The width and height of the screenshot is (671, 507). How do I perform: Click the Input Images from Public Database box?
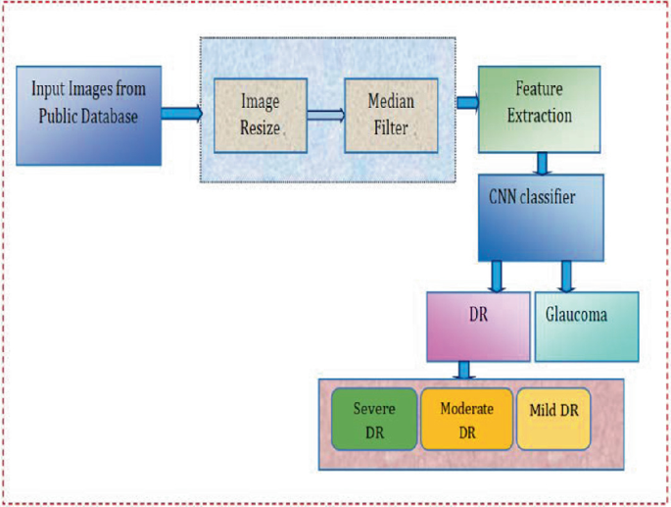(x=88, y=114)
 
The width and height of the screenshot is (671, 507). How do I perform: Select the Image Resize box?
(x=261, y=115)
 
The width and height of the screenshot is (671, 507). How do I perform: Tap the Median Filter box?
(x=391, y=115)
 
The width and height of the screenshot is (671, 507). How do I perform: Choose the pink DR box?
(x=478, y=326)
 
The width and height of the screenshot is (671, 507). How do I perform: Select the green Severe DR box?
(x=373, y=419)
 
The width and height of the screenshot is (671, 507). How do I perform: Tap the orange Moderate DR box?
(x=465, y=419)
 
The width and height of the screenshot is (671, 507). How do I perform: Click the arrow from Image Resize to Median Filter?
(x=325, y=115)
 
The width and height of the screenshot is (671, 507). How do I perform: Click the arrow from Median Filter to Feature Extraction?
(x=467, y=102)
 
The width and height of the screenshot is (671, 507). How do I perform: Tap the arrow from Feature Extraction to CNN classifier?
(x=539, y=163)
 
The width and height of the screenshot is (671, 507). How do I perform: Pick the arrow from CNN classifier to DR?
(x=498, y=276)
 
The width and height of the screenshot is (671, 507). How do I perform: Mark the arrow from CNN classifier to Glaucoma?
(x=565, y=276)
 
